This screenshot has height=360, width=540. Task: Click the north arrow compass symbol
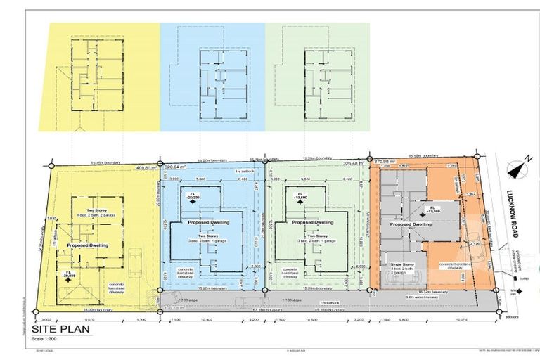519,169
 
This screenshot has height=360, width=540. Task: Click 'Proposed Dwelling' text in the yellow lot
87,245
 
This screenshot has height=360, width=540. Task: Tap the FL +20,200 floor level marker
192,197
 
